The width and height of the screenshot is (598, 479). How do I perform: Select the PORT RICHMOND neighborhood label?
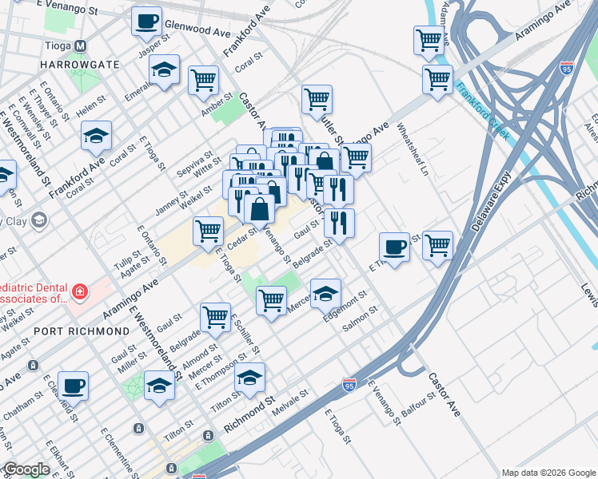(x=82, y=330)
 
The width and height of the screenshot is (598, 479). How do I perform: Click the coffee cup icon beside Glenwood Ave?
(x=146, y=22)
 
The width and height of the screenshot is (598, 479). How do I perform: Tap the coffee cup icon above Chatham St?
(x=74, y=386)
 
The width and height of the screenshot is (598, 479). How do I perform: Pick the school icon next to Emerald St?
(x=164, y=70)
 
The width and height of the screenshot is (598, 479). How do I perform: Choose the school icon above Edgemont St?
(x=325, y=294)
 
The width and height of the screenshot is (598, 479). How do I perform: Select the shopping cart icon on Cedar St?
(x=208, y=232)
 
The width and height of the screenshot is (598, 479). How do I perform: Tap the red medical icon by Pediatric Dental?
(x=79, y=293)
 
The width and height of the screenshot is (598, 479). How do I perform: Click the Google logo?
(x=26, y=469)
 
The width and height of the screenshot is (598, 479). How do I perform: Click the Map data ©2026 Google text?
(x=548, y=473)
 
